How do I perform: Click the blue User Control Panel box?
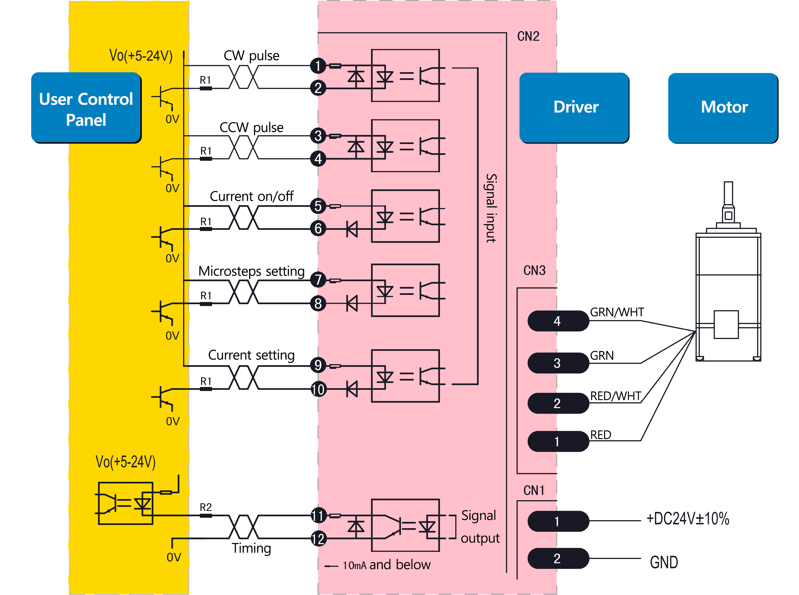click(x=86, y=108)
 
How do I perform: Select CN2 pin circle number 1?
click(x=318, y=66)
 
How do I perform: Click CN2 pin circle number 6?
click(x=318, y=228)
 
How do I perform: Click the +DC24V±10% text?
click(x=687, y=519)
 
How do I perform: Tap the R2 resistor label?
click(x=206, y=507)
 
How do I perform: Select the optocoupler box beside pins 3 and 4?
click(x=405, y=146)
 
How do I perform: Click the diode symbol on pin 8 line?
click(x=352, y=303)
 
